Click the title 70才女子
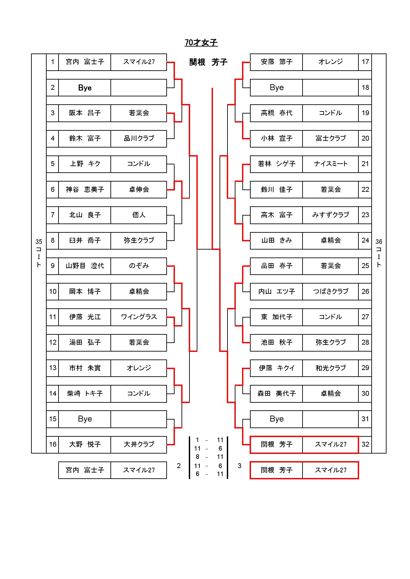coord(201,43)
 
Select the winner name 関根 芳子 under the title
coord(208,62)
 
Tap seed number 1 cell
coord(53,62)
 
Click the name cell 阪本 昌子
coord(85,113)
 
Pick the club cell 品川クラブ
coord(139,138)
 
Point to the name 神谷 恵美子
coord(85,189)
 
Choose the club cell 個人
coord(139,215)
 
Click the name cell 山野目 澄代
coord(85,266)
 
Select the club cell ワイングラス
coord(139,317)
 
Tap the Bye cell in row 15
coord(85,419)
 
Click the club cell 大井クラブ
coord(139,444)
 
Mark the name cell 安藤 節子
coord(276,62)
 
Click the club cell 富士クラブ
coord(331,138)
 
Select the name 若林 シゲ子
coord(276,164)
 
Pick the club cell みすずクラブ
coord(331,215)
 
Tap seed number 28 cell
coord(365,342)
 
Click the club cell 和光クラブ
coord(331,368)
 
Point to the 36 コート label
coord(379,253)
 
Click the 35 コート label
coord(39,253)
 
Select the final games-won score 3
coord(239,466)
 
